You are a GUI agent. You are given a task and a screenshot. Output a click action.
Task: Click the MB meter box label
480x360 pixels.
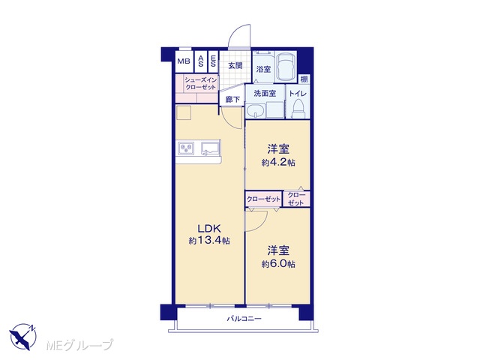pos(184,61)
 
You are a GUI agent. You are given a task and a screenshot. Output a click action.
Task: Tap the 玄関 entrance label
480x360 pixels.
pos(235,65)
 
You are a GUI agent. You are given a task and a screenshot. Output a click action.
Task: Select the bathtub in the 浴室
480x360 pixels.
pos(285,67)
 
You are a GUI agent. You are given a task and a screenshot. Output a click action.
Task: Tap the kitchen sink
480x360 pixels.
pos(210,148)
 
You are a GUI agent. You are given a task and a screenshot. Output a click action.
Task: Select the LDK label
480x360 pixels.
pos(209,229)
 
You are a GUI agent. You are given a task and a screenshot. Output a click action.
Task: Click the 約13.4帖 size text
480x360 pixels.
pos(209,241)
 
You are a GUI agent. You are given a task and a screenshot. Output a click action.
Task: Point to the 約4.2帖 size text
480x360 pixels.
pos(278,162)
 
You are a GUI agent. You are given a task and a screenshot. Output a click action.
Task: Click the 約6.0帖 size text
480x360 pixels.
pos(278,263)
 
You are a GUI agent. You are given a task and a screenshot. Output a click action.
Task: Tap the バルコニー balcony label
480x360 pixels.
pos(244,319)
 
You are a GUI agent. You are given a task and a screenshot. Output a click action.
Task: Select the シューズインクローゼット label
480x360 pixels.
pos(200,83)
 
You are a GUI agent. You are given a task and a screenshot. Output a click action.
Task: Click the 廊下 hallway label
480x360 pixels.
pos(232,100)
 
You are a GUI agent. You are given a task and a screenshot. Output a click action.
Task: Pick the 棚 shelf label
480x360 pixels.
pos(304,79)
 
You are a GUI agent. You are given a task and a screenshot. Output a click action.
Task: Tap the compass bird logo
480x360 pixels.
pos(22,336)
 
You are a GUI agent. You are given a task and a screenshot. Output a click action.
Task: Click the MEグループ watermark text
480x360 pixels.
pos(79,345)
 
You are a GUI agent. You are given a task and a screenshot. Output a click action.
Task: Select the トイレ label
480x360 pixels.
pos(298,93)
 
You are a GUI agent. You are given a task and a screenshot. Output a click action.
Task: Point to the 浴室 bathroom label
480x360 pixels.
pos(263,69)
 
